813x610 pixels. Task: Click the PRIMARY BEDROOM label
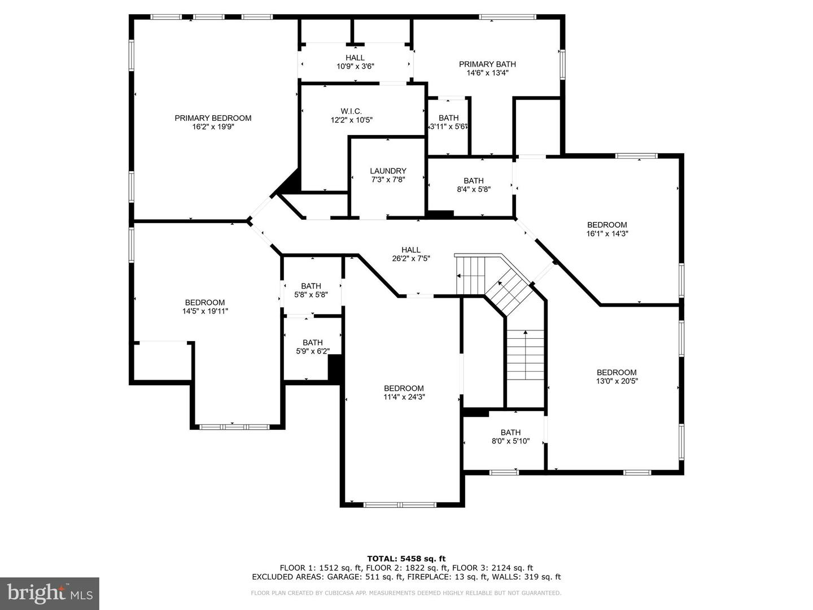tap(213, 118)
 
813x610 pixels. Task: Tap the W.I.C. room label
tap(351, 111)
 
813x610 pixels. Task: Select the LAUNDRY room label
tap(388, 171)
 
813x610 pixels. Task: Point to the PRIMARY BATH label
tap(487, 64)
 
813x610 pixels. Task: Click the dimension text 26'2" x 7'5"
tap(411, 259)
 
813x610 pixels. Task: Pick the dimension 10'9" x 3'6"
tap(355, 67)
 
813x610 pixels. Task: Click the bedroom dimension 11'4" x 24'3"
tap(404, 397)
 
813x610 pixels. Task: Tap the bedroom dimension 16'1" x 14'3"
tap(607, 233)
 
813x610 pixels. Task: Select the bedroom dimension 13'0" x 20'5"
tap(617, 381)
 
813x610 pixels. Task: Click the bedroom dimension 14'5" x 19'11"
tap(205, 311)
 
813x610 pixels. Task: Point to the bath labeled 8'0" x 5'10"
tap(510, 441)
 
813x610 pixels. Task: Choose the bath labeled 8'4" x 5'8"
tap(474, 190)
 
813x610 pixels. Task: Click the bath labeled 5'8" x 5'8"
tap(311, 295)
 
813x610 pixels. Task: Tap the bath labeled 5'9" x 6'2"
tap(312, 351)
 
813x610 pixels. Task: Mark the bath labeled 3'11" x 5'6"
tap(449, 127)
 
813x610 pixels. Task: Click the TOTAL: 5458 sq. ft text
tap(406, 559)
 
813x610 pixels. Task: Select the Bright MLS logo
tap(50, 593)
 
